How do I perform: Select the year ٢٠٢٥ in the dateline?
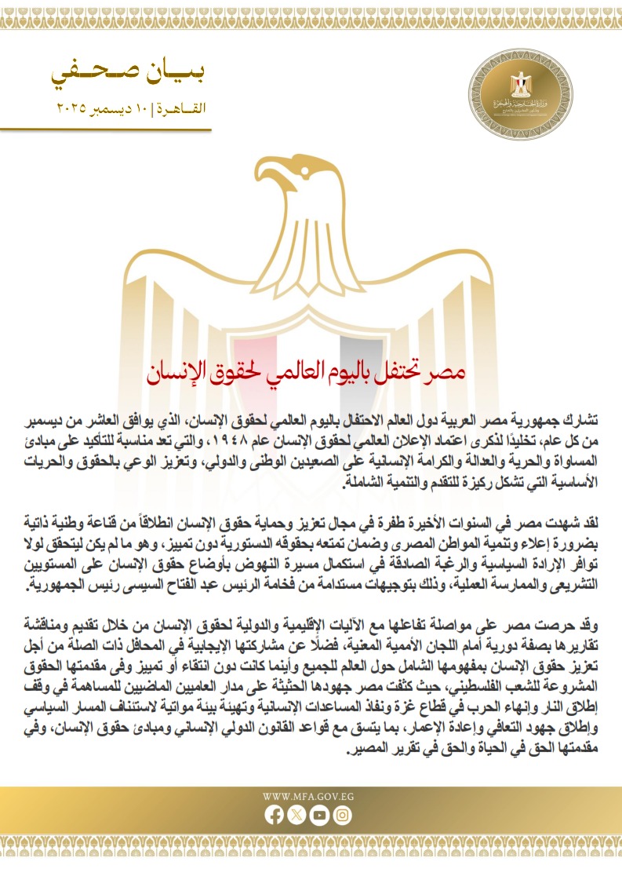pyautogui.click(x=71, y=105)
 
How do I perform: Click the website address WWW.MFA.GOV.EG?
pyautogui.click(x=311, y=796)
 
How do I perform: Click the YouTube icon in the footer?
pyautogui.click(x=318, y=816)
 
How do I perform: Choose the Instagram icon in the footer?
pyautogui.click(x=341, y=816)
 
